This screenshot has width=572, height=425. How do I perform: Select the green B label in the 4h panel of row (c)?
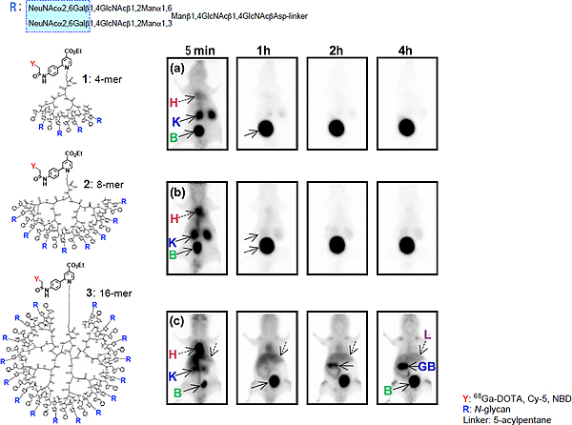tap(387, 389)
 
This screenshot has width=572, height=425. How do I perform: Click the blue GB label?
tap(425, 365)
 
